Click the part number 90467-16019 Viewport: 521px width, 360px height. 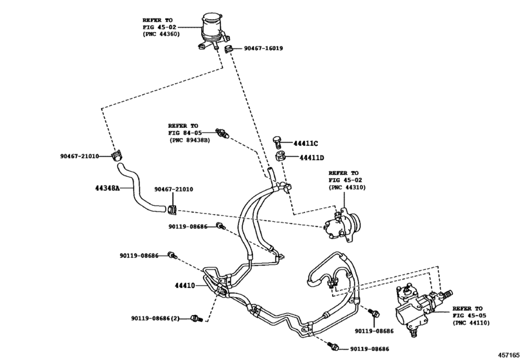pyautogui.click(x=264, y=48)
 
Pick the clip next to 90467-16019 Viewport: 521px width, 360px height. pyautogui.click(x=229, y=49)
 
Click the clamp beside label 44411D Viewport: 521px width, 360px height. pyautogui.click(x=281, y=156)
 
